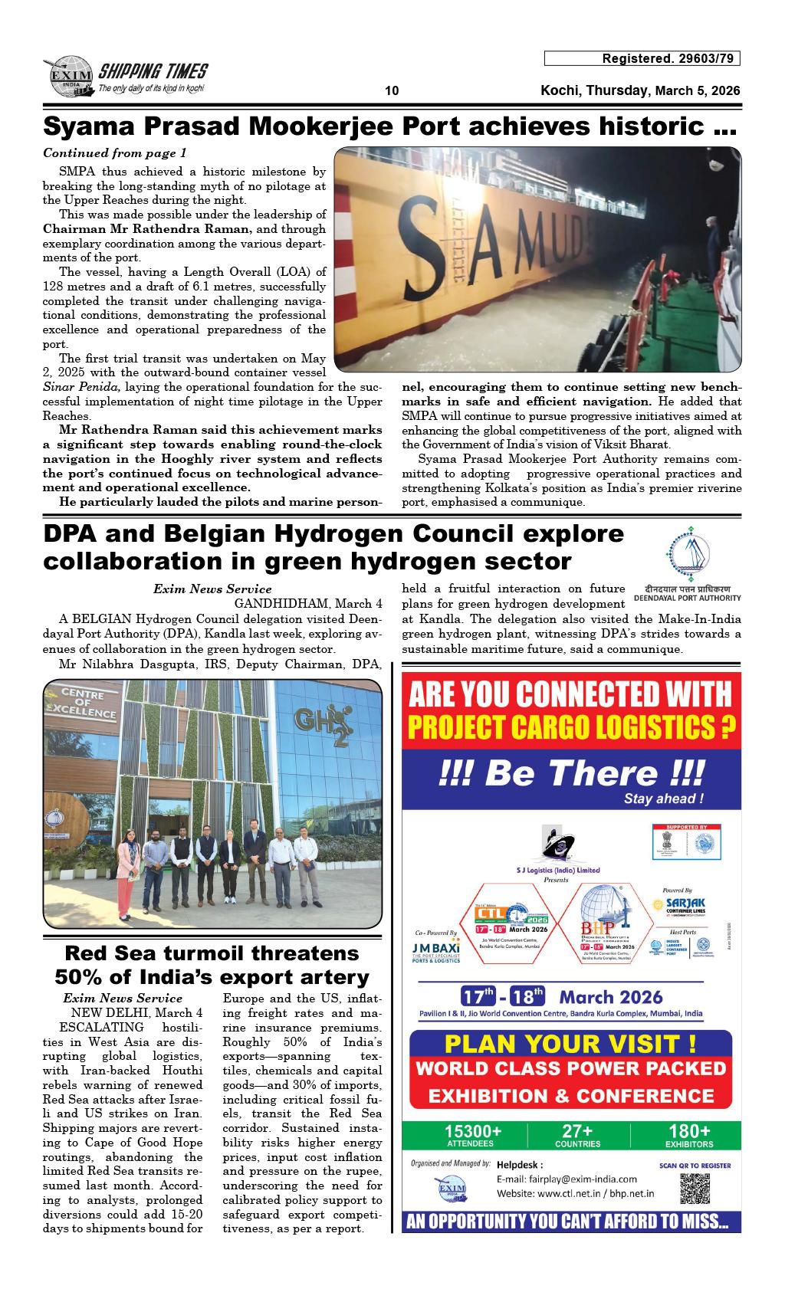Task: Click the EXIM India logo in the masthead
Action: (x=68, y=77)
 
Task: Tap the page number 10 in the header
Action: (x=392, y=91)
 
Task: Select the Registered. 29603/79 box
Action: (x=642, y=59)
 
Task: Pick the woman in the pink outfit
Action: (x=127, y=874)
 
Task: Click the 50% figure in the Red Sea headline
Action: (x=80, y=978)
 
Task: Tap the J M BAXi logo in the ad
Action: (x=435, y=950)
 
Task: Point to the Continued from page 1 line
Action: (x=115, y=153)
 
